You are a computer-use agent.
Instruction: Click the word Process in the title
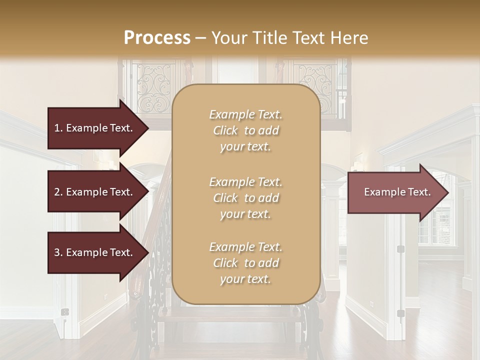click(157, 37)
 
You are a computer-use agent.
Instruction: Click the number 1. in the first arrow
click(58, 128)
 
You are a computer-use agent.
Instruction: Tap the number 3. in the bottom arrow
click(58, 252)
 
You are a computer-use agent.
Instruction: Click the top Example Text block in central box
click(245, 130)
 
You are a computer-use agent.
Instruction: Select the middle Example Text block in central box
click(245, 198)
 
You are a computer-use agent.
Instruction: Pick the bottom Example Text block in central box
click(245, 263)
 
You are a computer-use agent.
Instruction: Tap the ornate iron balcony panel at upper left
click(155, 87)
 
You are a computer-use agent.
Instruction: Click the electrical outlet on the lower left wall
click(64, 311)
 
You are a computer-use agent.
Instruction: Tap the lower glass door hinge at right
click(400, 313)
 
